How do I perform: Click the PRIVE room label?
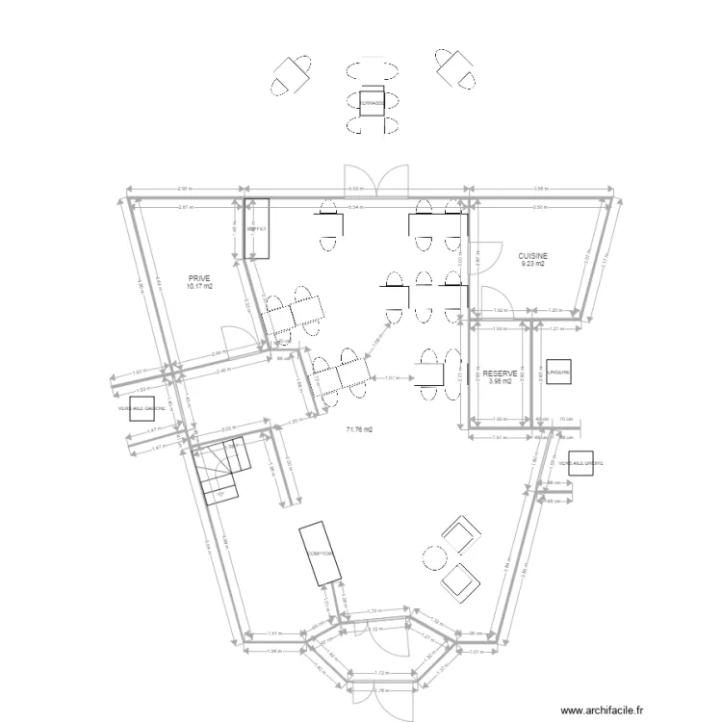pyautogui.click(x=199, y=277)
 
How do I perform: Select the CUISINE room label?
pyautogui.click(x=532, y=255)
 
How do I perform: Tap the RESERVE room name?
pyautogui.click(x=500, y=373)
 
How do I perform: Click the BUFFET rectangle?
pyautogui.click(x=256, y=230)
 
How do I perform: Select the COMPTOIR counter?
pyautogui.click(x=321, y=554)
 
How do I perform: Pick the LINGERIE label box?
pyautogui.click(x=559, y=372)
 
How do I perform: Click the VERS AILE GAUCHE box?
pyautogui.click(x=142, y=407)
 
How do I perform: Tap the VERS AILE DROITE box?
pyautogui.click(x=580, y=464)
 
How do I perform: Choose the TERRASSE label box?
pyautogui.click(x=371, y=102)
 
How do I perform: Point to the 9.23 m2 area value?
pyautogui.click(x=532, y=264)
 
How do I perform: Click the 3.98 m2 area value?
pyautogui.click(x=500, y=381)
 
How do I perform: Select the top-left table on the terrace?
pyautogui.click(x=291, y=74)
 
